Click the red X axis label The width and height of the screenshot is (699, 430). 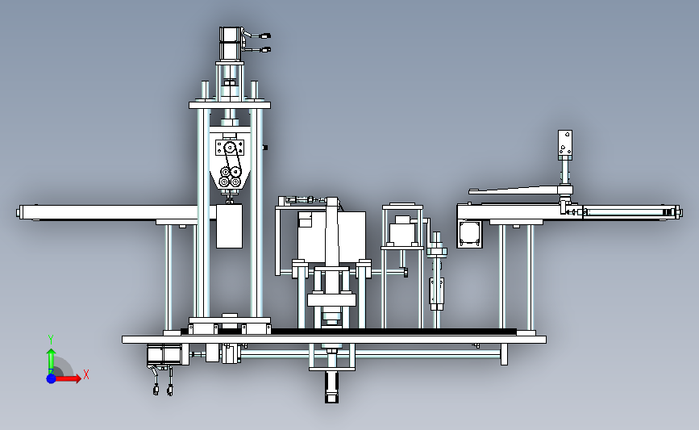86,374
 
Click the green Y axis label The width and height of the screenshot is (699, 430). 51,340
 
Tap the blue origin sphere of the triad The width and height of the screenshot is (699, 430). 52,378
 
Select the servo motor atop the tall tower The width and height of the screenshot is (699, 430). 231,44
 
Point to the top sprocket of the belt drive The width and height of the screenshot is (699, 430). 230,148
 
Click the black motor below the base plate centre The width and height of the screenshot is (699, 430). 331,386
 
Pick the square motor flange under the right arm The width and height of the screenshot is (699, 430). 469,234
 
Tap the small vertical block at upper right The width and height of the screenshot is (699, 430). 565,144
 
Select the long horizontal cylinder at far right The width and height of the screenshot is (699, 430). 630,212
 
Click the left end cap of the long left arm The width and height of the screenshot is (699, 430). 20,212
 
